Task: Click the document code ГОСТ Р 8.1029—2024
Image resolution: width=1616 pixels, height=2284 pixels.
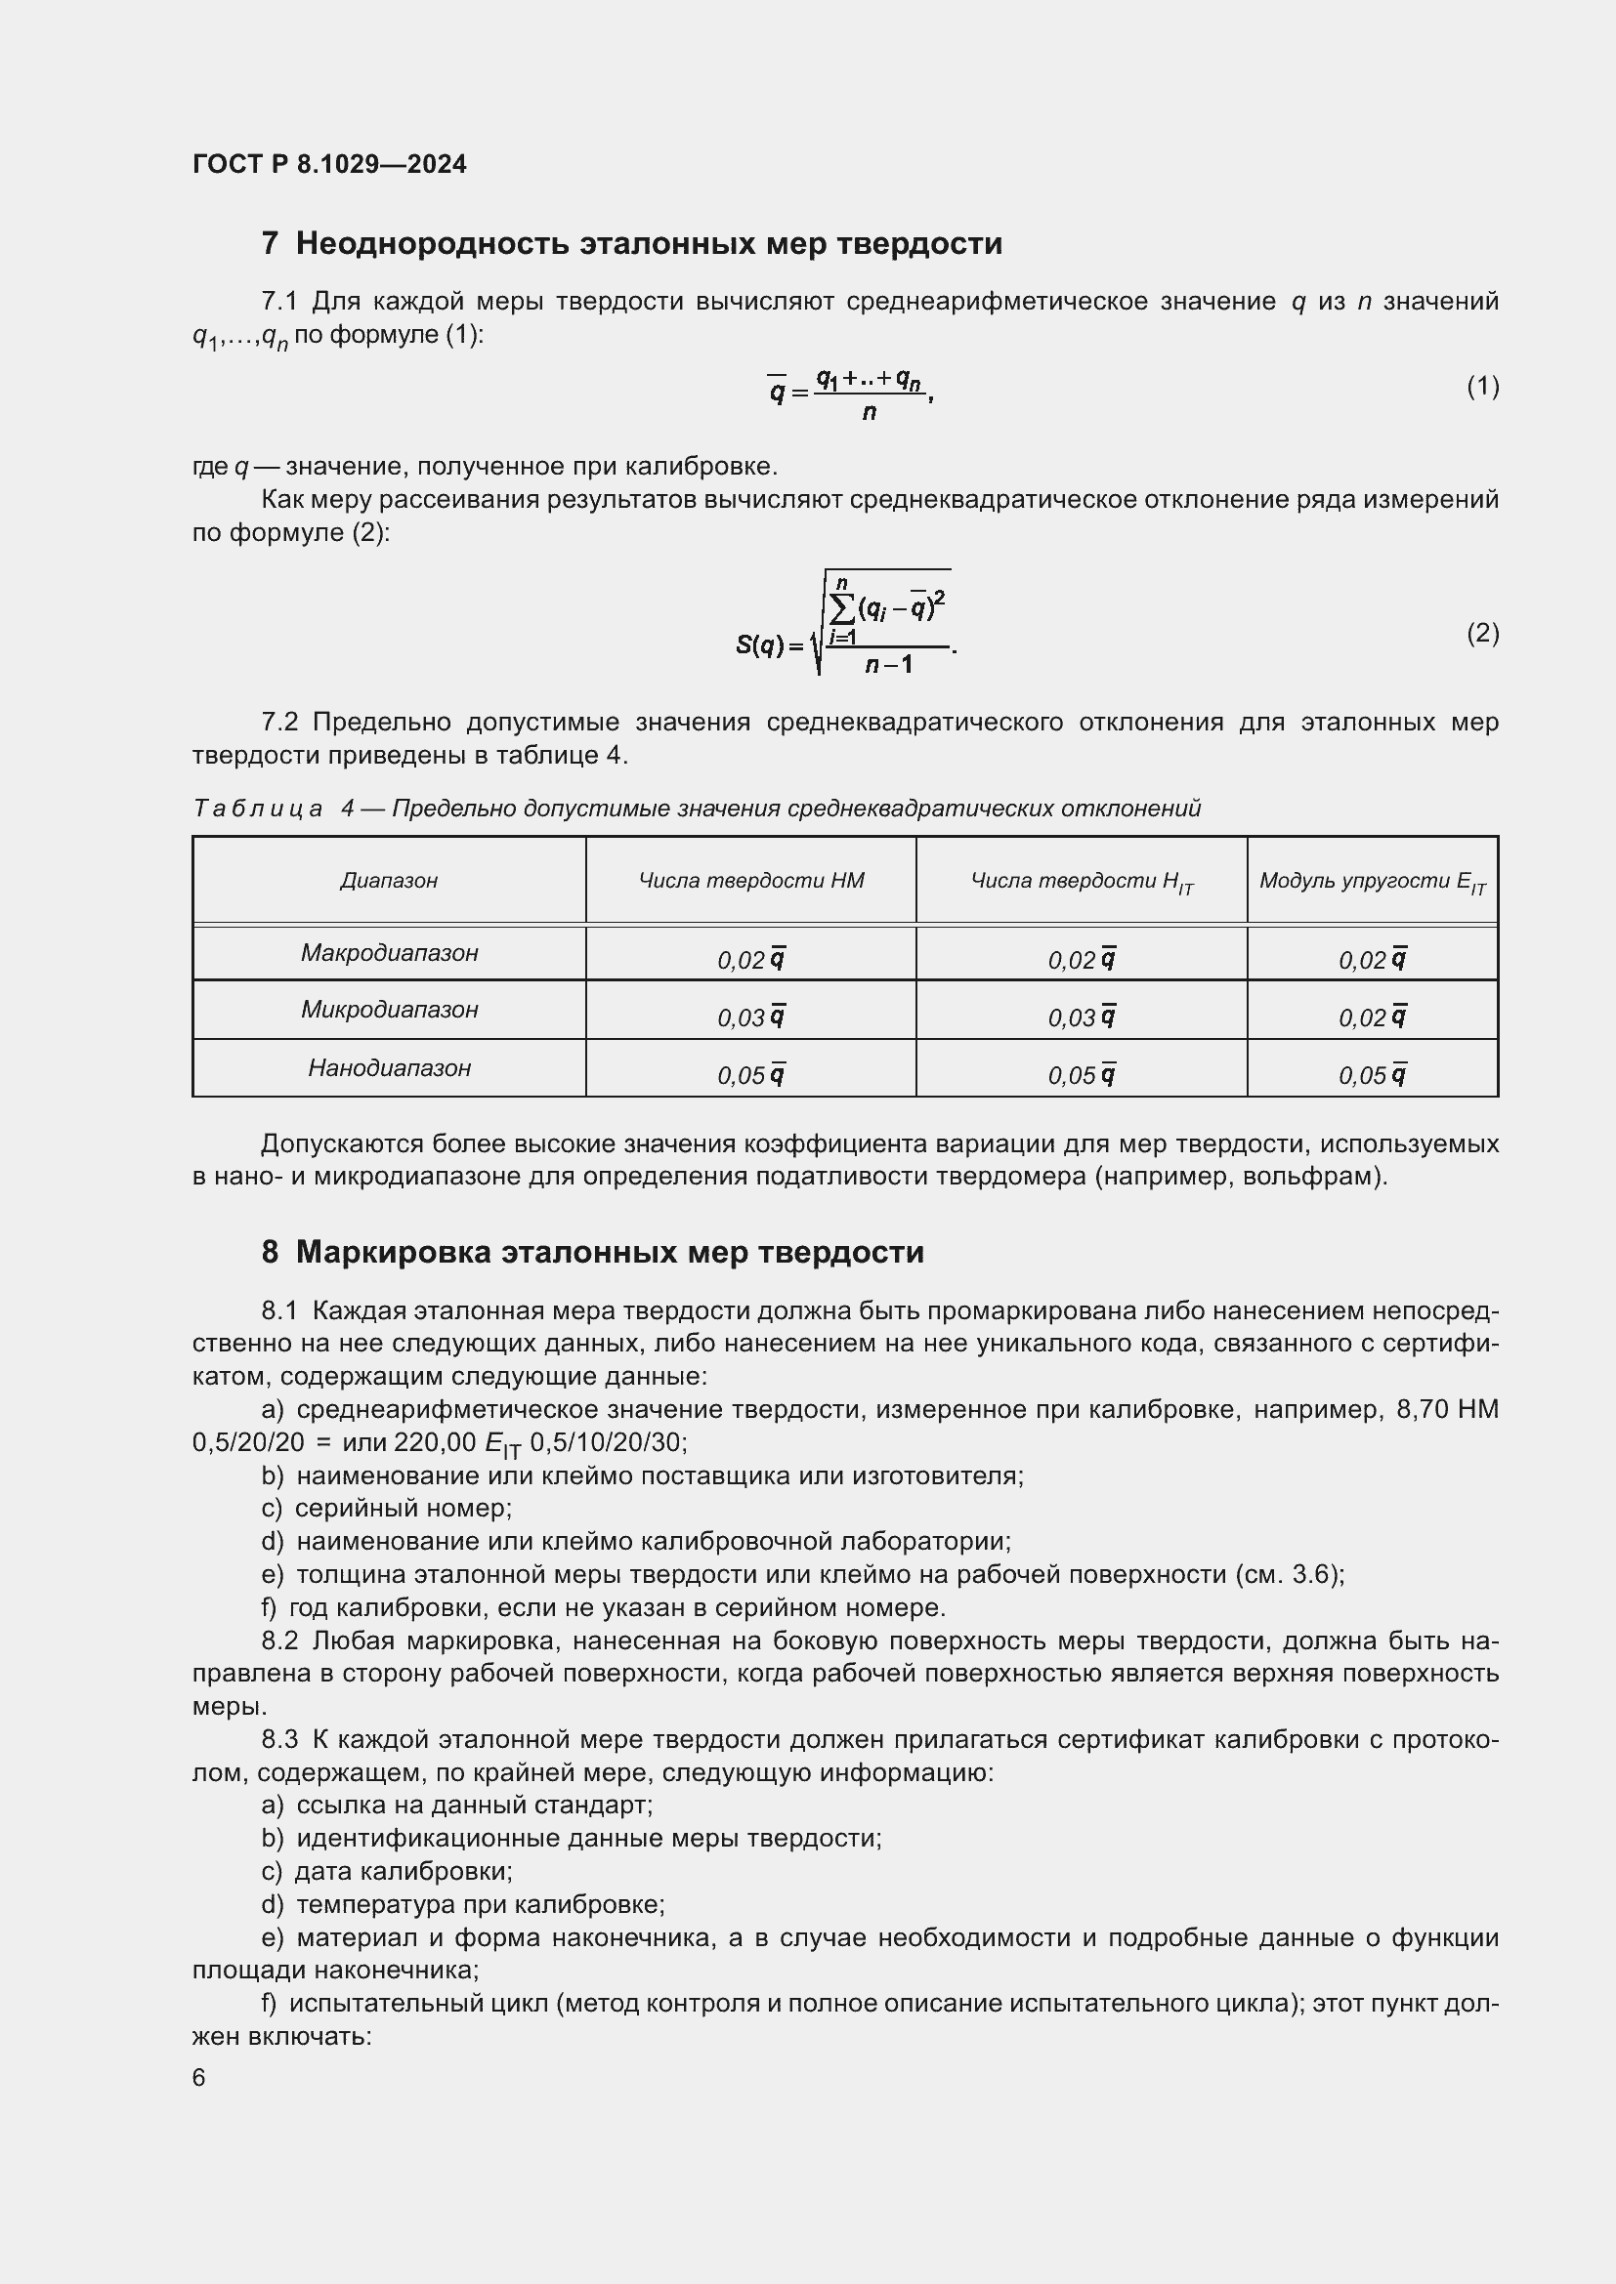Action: click(x=329, y=164)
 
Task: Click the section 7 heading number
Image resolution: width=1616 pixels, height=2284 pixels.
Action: click(x=270, y=244)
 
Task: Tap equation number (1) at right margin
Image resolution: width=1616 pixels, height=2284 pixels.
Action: click(x=1482, y=386)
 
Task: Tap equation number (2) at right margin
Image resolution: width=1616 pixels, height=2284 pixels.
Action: click(x=1482, y=633)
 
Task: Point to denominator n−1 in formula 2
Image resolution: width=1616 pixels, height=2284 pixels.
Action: click(x=887, y=663)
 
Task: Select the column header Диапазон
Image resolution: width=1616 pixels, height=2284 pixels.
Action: click(x=388, y=881)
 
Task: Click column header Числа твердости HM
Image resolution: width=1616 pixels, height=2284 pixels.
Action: click(x=751, y=881)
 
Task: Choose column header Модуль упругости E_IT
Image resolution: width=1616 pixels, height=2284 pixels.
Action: click(x=1372, y=882)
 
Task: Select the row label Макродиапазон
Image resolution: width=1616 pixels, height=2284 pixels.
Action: click(x=389, y=953)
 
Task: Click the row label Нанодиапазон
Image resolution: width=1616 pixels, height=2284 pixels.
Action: click(x=389, y=1068)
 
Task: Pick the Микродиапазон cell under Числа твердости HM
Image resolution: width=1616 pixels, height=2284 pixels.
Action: click(x=751, y=1017)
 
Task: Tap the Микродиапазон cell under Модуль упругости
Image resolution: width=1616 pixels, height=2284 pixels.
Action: click(x=1372, y=1017)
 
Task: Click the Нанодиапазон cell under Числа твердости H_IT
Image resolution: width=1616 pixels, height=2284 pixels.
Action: click(x=1082, y=1074)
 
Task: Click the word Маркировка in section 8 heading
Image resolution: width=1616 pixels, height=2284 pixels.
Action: click(x=393, y=1252)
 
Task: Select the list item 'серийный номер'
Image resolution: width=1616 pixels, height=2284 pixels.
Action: click(x=402, y=1508)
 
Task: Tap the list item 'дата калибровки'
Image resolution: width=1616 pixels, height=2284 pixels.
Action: click(x=402, y=1871)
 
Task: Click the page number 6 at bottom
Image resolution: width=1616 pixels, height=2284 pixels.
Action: click(x=199, y=2078)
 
